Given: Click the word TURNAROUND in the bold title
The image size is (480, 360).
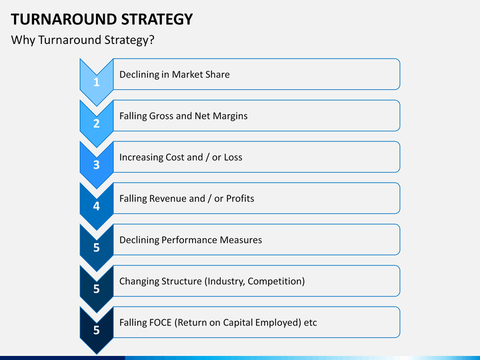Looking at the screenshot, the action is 64,19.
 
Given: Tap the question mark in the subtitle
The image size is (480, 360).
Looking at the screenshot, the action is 151,40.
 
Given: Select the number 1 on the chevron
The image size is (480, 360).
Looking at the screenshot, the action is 97,82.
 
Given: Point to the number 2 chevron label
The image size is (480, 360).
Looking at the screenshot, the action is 97,123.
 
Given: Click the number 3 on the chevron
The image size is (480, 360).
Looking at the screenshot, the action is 97,165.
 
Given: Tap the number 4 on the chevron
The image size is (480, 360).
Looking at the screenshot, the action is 97,206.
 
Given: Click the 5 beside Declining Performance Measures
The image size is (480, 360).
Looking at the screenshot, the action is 97,247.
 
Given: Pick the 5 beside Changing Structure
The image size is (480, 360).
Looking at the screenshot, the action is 97,289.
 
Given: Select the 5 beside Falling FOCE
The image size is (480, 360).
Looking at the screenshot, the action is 97,330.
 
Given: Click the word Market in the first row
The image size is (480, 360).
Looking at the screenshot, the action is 186,75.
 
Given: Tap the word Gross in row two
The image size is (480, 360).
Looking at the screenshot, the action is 161,116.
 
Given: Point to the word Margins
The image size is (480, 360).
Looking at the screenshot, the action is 230,116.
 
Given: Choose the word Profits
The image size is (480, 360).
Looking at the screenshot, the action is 240,199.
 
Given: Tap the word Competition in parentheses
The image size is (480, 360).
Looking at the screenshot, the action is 275,281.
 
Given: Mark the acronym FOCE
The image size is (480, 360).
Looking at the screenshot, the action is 161,323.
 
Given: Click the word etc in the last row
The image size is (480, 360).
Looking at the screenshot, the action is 311,323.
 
